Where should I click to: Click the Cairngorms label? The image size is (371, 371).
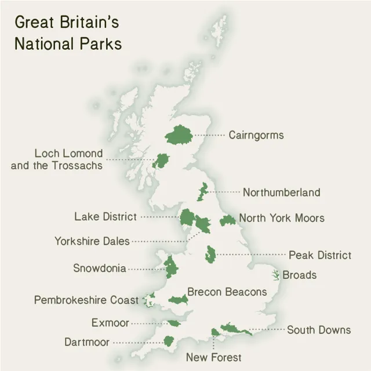click(x=256, y=135)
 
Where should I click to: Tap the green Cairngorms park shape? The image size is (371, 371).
click(x=179, y=136)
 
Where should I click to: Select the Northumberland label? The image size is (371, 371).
click(x=281, y=192)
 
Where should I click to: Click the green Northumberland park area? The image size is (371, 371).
click(x=202, y=191)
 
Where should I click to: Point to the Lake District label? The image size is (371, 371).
click(x=106, y=217)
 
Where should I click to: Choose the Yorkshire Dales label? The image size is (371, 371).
click(x=92, y=241)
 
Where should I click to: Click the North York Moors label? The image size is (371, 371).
click(x=282, y=218)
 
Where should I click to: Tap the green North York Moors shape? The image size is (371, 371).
click(x=227, y=220)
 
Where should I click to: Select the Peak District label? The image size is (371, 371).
click(x=320, y=255)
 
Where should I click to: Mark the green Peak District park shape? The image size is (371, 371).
click(x=210, y=254)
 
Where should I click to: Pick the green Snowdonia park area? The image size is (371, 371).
click(x=170, y=267)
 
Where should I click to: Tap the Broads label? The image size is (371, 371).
click(x=300, y=275)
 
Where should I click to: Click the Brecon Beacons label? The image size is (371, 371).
click(x=227, y=292)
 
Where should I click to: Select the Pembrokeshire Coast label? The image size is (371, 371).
click(x=86, y=300)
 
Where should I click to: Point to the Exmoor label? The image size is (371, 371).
click(x=110, y=323)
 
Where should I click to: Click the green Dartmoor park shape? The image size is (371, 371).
click(x=169, y=341)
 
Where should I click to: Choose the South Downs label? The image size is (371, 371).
click(x=319, y=330)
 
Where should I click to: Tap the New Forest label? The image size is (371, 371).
click(x=213, y=357)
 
